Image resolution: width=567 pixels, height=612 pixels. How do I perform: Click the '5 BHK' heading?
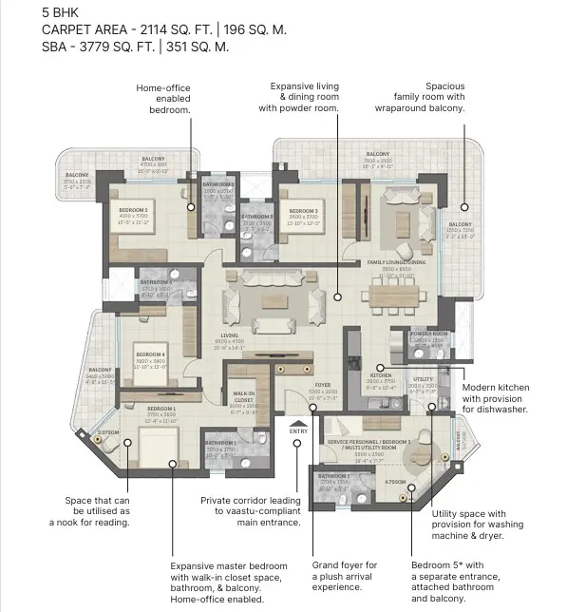tap(63, 12)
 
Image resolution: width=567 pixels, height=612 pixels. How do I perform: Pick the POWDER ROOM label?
tap(428, 335)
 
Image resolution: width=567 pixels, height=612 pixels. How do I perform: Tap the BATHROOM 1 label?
tap(221, 443)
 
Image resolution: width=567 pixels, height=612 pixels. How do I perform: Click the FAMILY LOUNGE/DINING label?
tap(397, 262)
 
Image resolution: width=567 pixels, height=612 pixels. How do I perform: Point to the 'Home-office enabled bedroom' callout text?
tap(163, 98)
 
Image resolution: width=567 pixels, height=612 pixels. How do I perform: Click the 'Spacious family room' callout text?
tap(432, 97)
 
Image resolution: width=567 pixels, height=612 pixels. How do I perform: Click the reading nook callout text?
tap(98, 511)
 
